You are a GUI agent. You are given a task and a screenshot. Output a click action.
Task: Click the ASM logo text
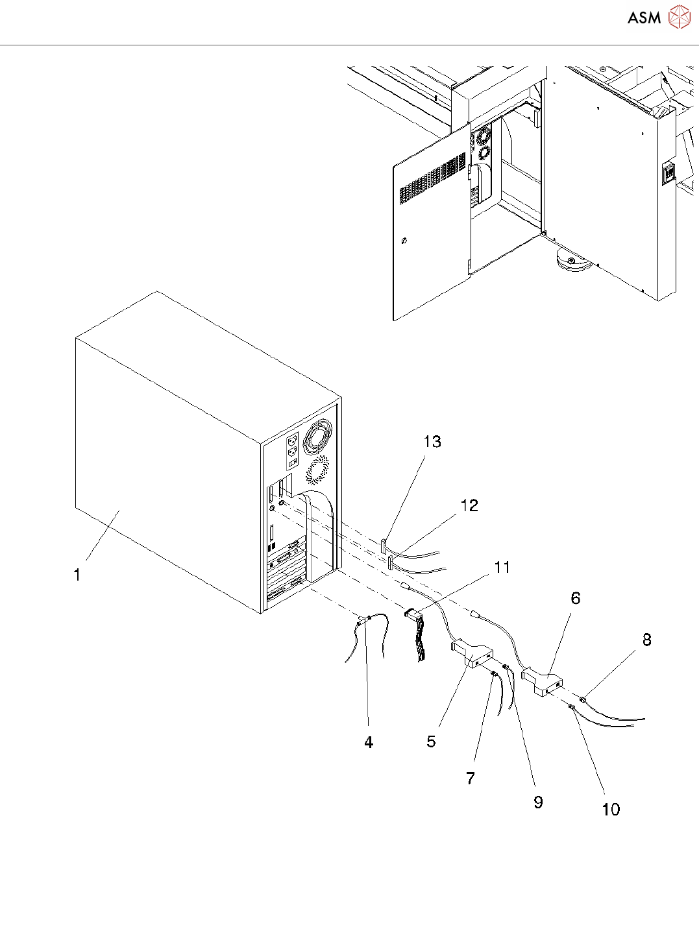644,18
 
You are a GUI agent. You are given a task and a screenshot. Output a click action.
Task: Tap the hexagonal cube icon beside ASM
680,18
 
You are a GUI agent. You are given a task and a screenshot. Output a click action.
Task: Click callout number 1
77,575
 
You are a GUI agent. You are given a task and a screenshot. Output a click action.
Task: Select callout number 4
369,743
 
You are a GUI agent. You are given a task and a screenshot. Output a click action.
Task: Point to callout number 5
432,741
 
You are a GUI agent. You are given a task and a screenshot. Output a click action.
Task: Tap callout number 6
576,598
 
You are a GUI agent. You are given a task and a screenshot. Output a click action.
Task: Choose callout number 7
471,778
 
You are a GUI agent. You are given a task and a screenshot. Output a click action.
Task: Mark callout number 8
647,640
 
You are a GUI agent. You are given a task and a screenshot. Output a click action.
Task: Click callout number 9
538,802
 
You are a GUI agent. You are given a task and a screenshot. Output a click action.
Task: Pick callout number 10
611,810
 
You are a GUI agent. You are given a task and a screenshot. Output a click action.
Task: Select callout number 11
502,568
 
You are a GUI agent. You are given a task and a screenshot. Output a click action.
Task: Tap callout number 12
469,505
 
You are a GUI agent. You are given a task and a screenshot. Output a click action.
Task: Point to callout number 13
432,442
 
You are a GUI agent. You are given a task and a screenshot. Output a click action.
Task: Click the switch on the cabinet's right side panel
667,174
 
